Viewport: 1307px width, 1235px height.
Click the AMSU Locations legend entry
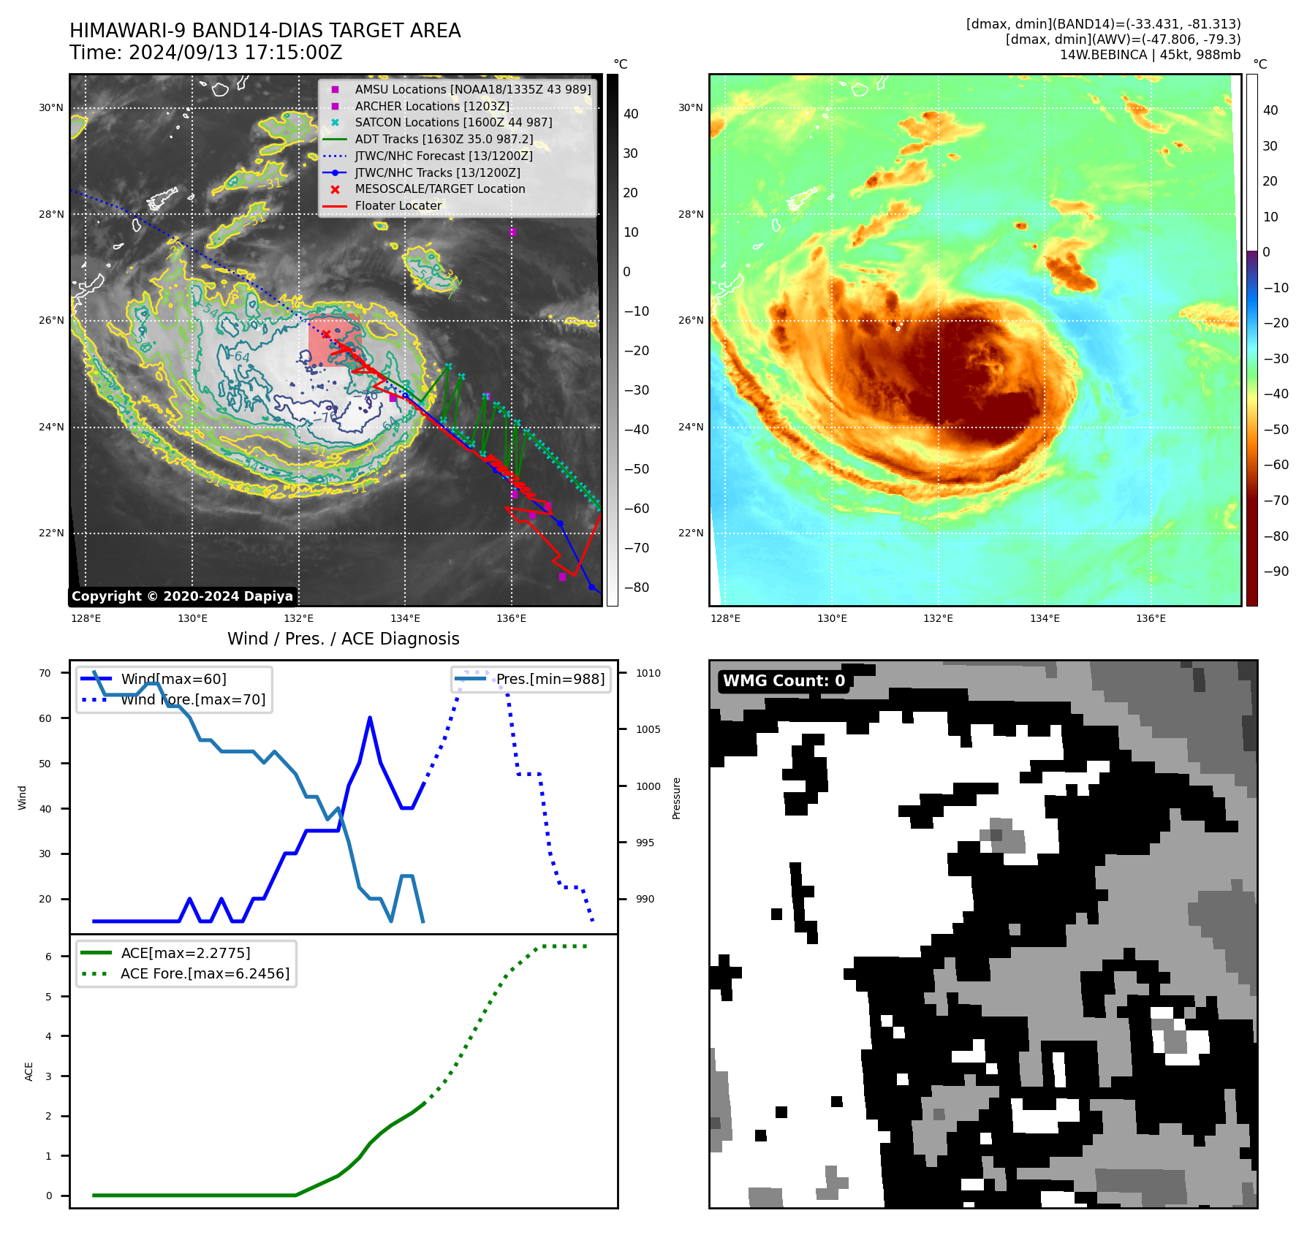pos(472,89)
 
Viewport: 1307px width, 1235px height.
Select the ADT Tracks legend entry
pos(444,139)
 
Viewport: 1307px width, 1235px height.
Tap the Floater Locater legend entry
pos(398,205)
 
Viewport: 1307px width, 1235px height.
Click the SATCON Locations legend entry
pos(453,122)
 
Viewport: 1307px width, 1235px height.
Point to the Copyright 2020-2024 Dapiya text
pos(182,596)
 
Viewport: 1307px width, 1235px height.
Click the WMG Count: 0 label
pos(784,681)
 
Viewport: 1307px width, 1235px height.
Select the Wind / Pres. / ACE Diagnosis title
pos(344,639)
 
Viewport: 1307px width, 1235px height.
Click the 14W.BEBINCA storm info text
pos(1150,55)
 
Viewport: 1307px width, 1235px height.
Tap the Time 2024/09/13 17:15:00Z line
pos(206,53)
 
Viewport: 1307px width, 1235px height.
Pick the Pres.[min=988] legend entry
pos(550,679)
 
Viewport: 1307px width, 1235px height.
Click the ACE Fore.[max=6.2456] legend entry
pos(205,973)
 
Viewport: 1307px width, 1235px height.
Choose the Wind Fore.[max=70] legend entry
pos(193,699)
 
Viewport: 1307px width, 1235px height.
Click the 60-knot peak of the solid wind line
pos(370,718)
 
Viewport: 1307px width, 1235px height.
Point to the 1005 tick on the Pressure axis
pos(648,729)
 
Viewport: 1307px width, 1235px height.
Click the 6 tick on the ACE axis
pos(49,957)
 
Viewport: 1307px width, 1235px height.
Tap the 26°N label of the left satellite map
pos(51,320)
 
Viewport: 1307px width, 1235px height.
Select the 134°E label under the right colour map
pos(1045,618)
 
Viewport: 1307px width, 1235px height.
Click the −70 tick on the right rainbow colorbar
pos(1276,501)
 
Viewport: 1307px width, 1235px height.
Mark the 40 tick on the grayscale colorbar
pos(631,114)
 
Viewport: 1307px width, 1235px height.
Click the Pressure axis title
pos(676,798)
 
